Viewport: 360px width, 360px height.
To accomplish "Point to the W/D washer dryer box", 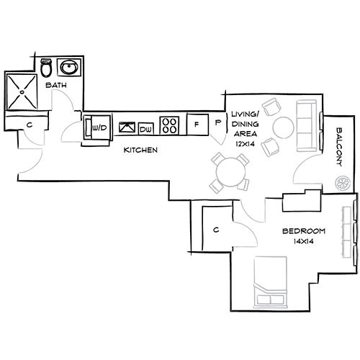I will [x=99, y=127].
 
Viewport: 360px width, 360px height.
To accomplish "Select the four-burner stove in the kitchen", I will [x=171, y=125].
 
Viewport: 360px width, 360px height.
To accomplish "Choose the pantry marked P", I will [x=217, y=124].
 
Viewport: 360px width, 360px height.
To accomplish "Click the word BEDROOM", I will [x=303, y=231].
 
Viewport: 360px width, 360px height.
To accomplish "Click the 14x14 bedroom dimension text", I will [x=303, y=242].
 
